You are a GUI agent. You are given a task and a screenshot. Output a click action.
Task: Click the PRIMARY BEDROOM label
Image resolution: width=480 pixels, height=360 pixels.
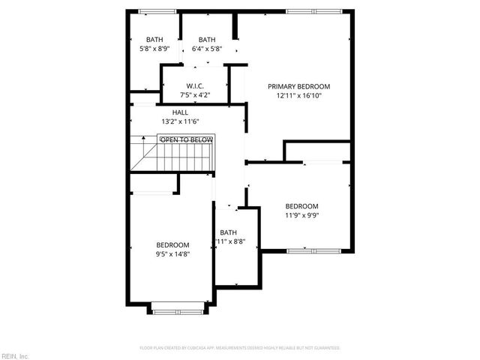click(298, 86)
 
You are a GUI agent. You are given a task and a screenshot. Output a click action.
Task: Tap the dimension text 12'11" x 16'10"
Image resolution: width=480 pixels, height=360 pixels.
click(298, 96)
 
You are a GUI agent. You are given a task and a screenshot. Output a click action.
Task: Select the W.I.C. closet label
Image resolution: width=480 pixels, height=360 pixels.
click(196, 86)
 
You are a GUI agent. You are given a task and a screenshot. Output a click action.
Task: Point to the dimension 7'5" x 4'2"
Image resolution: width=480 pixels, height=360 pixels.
click(196, 95)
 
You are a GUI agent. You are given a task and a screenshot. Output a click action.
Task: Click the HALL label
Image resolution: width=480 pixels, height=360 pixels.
click(180, 112)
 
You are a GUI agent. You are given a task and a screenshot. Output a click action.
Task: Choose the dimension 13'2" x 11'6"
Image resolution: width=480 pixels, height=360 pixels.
click(180, 121)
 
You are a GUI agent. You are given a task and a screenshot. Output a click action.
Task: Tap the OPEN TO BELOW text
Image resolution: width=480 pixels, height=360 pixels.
click(186, 139)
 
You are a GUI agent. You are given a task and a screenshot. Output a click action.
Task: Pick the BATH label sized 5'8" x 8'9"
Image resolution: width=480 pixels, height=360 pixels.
click(154, 40)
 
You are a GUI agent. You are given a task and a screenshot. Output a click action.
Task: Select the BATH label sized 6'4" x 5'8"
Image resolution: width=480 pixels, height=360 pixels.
click(207, 40)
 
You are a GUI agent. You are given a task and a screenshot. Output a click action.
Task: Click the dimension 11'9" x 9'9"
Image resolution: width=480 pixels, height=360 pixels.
click(301, 216)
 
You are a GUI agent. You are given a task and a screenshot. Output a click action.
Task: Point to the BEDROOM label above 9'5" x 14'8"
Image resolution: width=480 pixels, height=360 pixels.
click(172, 245)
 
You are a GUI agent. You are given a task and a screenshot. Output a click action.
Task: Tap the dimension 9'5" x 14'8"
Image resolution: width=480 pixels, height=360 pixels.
click(172, 255)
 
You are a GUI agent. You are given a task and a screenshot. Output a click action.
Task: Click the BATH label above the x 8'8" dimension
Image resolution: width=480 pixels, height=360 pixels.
click(228, 232)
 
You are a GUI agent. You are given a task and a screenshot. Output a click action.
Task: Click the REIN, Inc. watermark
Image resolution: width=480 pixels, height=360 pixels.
click(14, 355)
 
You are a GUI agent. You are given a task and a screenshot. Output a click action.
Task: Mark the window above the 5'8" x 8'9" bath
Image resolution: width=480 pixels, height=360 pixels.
click(157, 10)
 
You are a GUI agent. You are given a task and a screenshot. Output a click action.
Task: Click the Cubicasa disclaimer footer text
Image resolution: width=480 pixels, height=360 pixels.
click(240, 348)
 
